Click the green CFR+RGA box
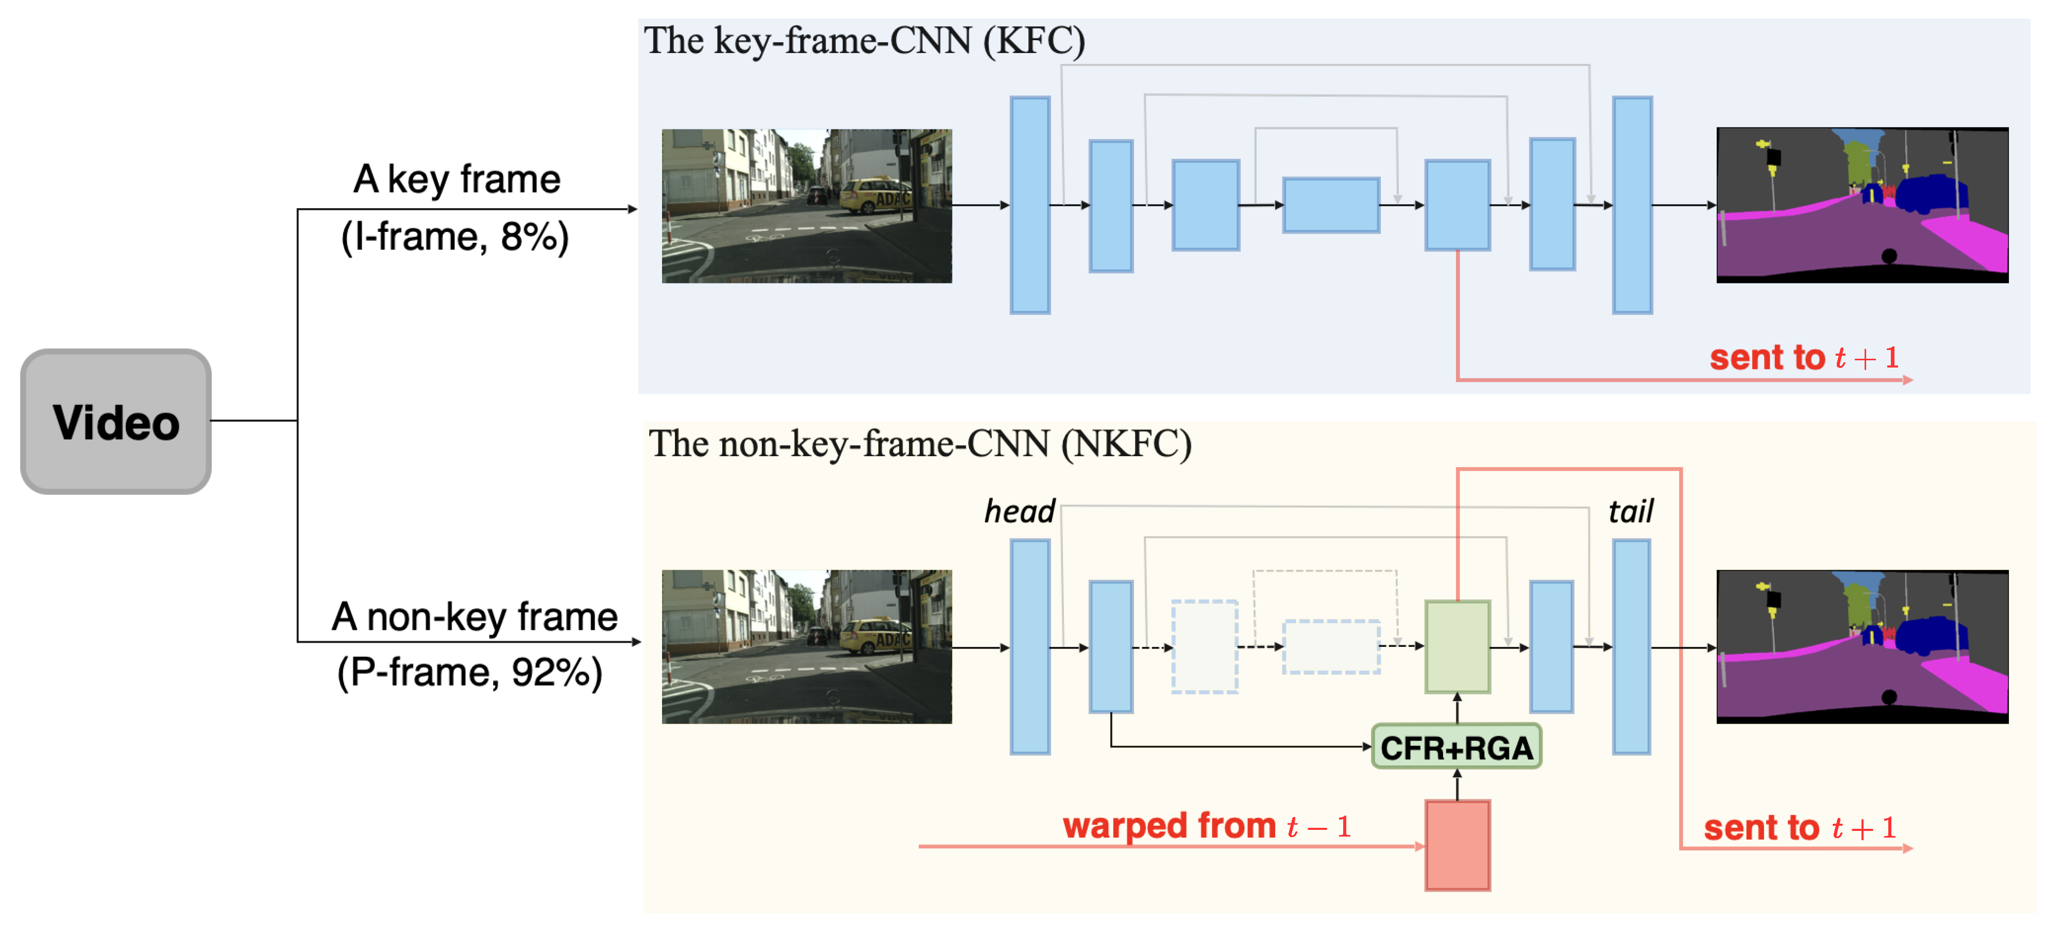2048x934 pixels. point(1457,746)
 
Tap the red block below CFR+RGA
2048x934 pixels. point(1457,845)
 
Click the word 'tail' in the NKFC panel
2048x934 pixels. point(1631,511)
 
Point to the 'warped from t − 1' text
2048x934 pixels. point(1207,826)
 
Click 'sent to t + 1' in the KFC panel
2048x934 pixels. point(1804,357)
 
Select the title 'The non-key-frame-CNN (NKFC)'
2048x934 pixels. point(920,444)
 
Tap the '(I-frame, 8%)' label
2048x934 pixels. point(455,237)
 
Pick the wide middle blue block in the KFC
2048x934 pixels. point(1331,205)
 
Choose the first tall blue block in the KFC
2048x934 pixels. point(1030,205)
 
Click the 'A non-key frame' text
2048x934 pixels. point(475,616)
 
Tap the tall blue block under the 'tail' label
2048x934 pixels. point(1631,647)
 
